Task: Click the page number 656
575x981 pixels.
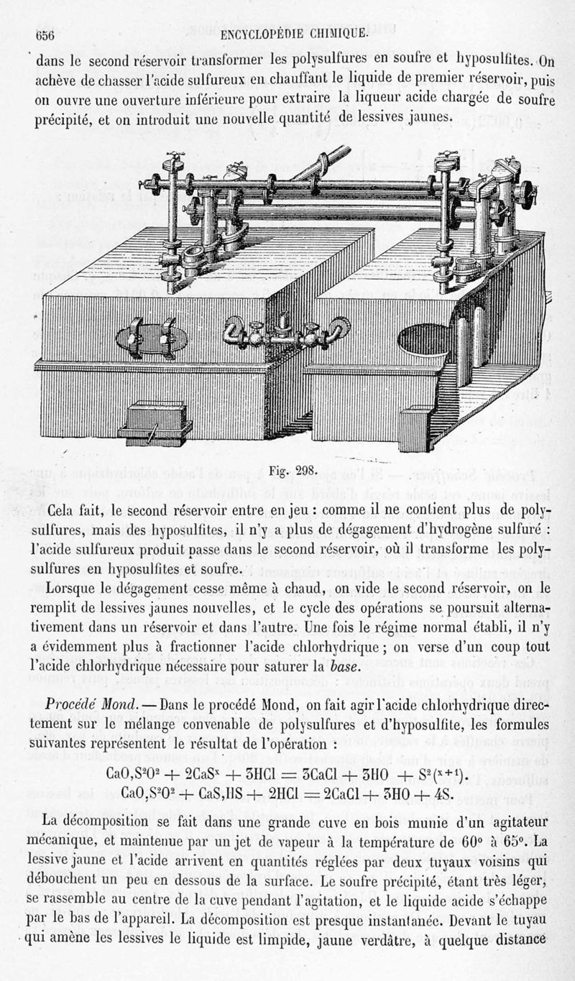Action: tap(47, 34)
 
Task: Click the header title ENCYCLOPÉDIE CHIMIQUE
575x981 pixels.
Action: tap(295, 33)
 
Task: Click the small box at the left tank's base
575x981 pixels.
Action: tap(157, 422)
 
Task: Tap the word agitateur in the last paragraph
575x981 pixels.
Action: tap(494, 821)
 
